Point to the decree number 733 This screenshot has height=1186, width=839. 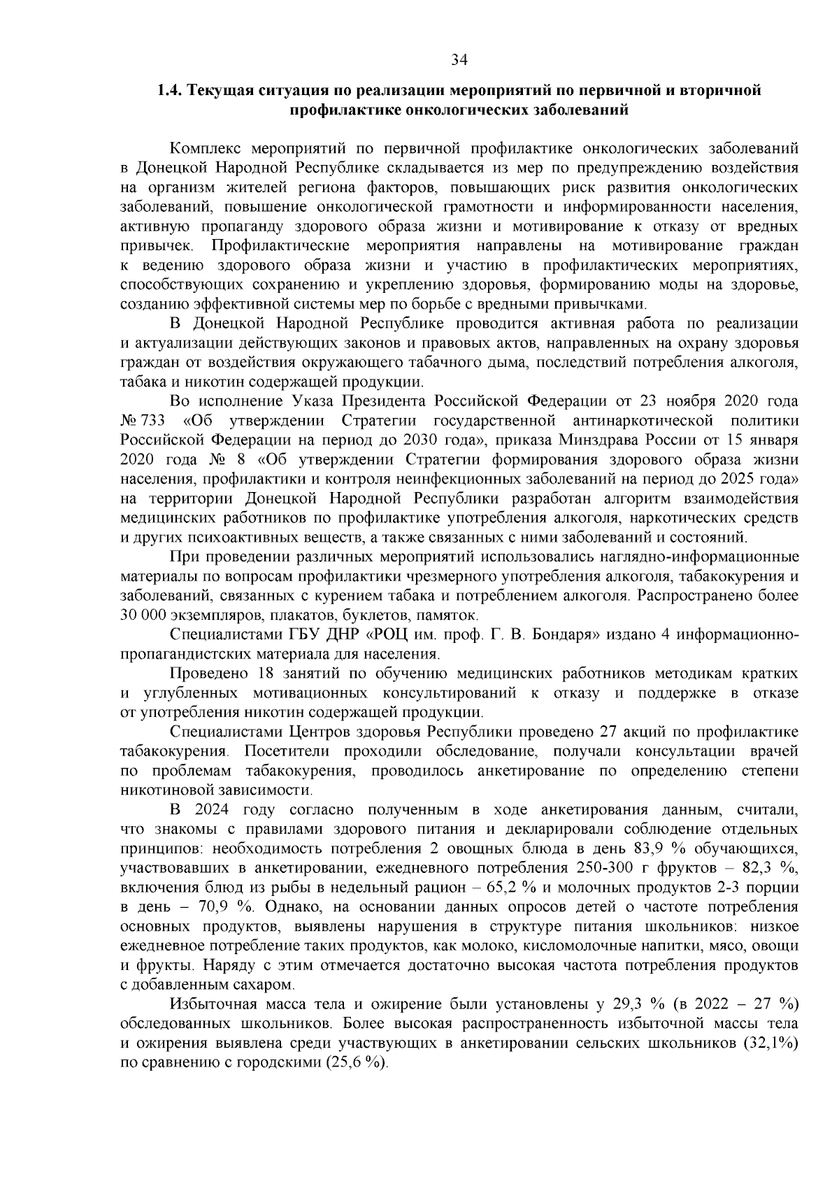[153, 421]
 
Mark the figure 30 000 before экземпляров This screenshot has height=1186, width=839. [143, 616]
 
